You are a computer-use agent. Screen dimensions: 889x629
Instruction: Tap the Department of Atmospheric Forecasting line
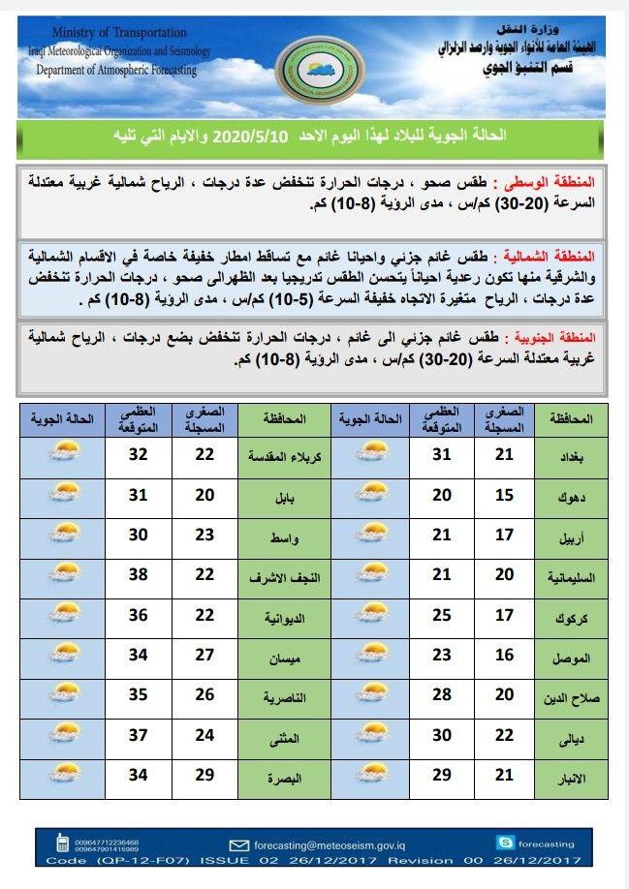pyautogui.click(x=115, y=70)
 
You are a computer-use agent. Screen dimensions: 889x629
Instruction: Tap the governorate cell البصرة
pyautogui.click(x=285, y=777)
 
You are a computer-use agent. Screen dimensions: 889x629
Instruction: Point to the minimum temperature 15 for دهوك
pyautogui.click(x=504, y=495)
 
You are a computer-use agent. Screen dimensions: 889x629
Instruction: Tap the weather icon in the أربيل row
pyautogui.click(x=373, y=535)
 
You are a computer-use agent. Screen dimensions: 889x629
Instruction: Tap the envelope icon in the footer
pyautogui.click(x=237, y=843)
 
